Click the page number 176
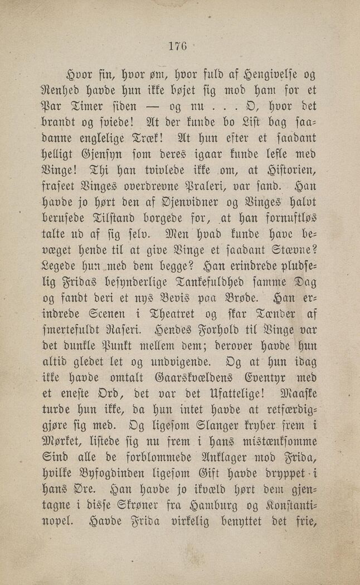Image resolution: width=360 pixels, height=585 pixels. click(x=179, y=47)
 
